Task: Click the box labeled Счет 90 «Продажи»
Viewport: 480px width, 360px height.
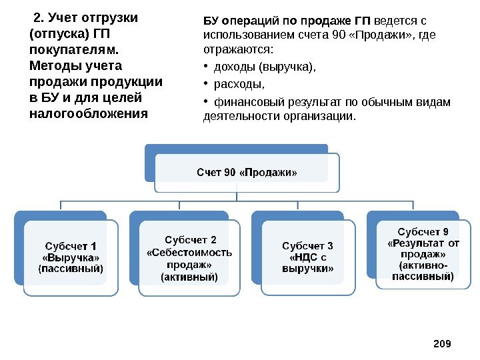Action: (247, 173)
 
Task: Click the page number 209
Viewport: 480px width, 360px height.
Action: (442, 343)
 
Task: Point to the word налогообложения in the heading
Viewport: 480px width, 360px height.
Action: (89, 113)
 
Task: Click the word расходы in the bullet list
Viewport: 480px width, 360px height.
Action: (238, 84)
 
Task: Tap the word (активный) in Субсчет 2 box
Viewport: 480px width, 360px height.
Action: (189, 276)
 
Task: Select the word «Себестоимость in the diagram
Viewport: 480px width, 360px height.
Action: (189, 252)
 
